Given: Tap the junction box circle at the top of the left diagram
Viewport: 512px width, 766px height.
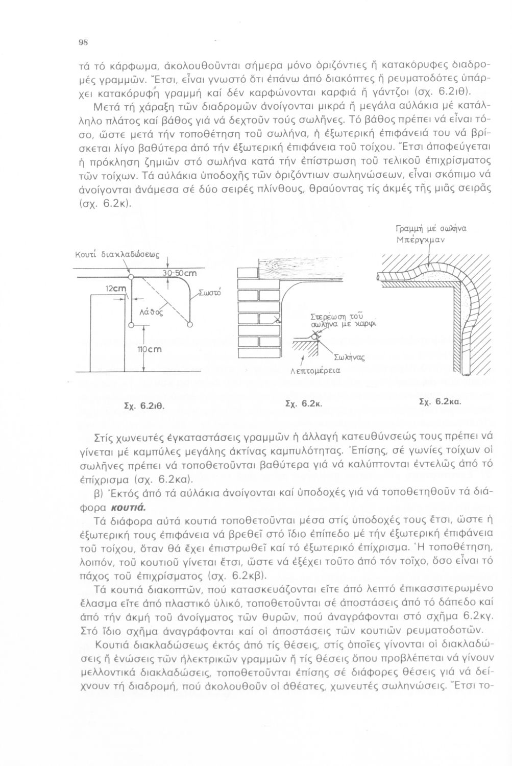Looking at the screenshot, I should click(131, 276).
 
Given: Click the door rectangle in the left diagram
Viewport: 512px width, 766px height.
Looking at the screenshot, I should click(107, 333).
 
